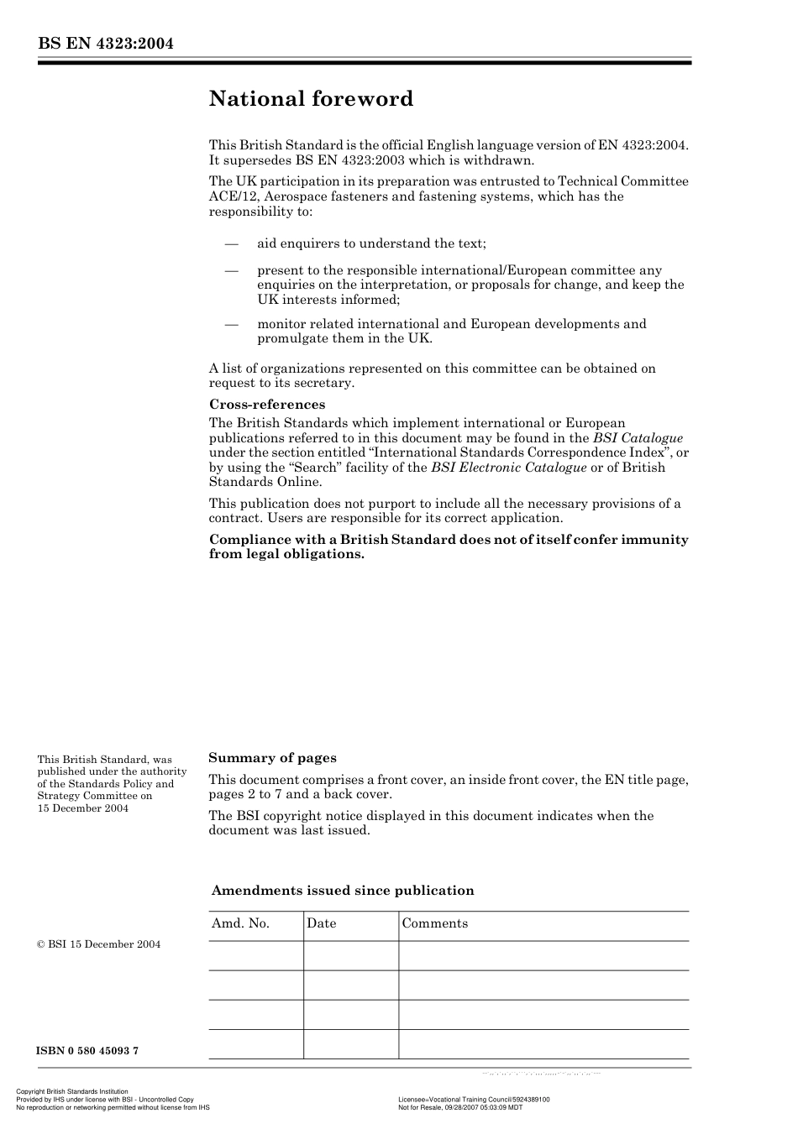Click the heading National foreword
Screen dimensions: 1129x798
click(x=311, y=99)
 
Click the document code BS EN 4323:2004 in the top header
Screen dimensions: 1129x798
click(x=105, y=44)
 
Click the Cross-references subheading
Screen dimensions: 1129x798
click(x=266, y=405)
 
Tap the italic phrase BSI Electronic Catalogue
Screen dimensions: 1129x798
click(x=508, y=468)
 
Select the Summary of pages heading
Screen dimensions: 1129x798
click(x=272, y=758)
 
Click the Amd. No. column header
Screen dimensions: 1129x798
click(x=240, y=923)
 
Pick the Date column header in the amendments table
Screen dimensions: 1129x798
click(x=321, y=923)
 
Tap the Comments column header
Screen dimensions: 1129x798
click(x=434, y=923)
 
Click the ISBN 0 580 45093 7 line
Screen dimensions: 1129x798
click(x=87, y=1051)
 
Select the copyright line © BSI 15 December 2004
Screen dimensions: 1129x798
click(x=98, y=944)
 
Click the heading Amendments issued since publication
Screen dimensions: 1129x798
click(x=343, y=891)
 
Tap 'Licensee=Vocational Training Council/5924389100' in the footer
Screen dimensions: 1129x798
click(x=474, y=1100)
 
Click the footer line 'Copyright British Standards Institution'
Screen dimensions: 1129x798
click(x=72, y=1092)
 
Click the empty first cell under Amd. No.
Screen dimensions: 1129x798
click(x=255, y=955)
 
